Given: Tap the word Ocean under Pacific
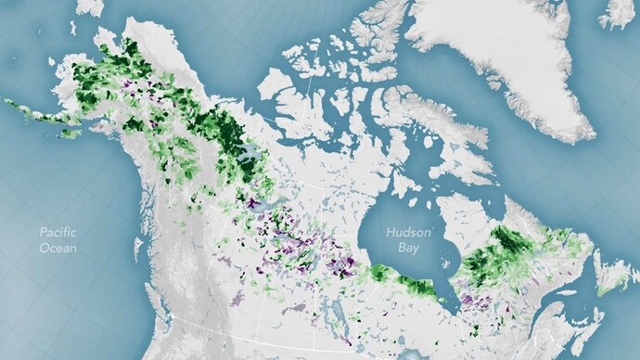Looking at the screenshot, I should pos(57,249).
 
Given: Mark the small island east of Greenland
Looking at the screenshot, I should pos(619,13).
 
